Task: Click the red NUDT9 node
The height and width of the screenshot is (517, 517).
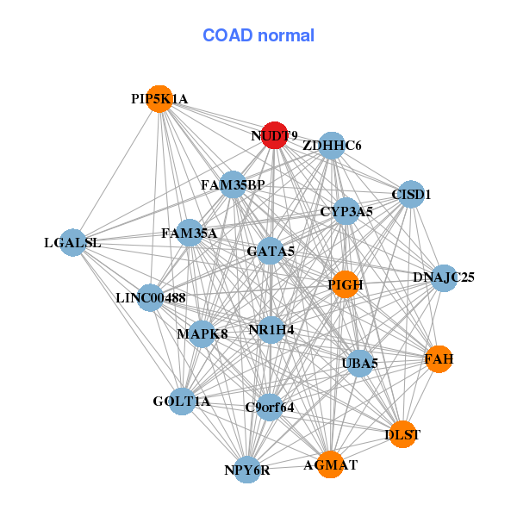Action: pos(274,135)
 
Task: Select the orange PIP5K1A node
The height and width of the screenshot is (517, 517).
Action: pos(160,99)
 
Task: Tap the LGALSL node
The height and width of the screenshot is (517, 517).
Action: pos(73,242)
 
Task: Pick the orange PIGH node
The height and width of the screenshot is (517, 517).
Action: pos(346,284)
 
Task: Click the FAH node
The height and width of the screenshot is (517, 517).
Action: pos(439,359)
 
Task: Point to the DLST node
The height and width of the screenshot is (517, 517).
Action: pos(402,434)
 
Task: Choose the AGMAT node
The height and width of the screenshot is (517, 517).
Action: pos(330,464)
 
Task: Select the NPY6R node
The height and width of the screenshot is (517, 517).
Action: pos(247,470)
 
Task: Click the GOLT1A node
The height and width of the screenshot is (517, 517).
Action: pos(182,402)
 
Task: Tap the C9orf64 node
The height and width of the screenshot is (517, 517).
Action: pos(270,408)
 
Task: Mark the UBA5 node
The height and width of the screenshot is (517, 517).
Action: pos(359,364)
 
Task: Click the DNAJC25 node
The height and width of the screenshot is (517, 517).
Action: pos(444,278)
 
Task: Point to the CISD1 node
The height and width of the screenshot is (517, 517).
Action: pos(411,194)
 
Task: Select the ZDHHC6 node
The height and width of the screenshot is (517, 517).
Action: pos(332,146)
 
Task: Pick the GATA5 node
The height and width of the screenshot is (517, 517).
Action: pos(271,251)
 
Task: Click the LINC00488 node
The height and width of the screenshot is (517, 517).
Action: pos(150,298)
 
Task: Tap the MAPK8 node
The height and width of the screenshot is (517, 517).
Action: pos(202,333)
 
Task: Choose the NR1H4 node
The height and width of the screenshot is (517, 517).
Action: pos(271,330)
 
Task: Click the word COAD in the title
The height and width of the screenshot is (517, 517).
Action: pos(227,35)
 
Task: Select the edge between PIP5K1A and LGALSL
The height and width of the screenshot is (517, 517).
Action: pos(116,171)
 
